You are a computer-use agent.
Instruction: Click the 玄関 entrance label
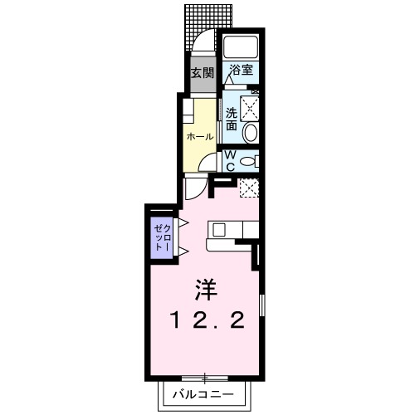(202, 74)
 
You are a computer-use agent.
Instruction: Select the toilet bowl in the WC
(255, 161)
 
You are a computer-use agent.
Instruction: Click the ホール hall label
(199, 136)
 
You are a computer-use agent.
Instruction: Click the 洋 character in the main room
(207, 290)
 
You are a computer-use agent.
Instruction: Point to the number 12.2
(207, 320)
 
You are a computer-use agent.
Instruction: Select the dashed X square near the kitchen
(249, 188)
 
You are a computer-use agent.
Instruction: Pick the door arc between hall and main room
(193, 188)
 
